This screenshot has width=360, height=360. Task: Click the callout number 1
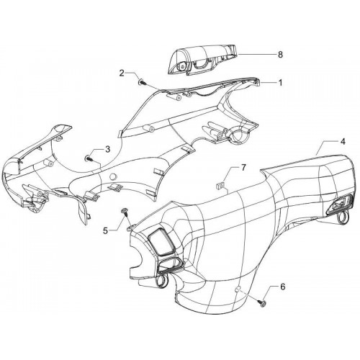[280, 83]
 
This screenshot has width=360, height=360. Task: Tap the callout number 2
[122, 73]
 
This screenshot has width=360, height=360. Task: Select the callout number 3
[108, 149]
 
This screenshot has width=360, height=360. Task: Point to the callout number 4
[343, 142]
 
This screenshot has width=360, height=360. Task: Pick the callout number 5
[106, 231]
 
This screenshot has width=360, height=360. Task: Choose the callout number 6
[283, 287]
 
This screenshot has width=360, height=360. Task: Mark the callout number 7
[243, 168]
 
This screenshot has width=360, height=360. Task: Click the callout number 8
[280, 55]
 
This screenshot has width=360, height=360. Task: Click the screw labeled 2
[142, 82]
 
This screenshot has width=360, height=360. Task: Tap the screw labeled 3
[89, 158]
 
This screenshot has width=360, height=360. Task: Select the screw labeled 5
[125, 211]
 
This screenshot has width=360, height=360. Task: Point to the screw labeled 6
[263, 303]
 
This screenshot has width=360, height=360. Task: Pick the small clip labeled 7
[220, 186]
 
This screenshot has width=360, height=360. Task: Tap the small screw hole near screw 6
[238, 289]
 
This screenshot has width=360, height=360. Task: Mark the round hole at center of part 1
[112, 176]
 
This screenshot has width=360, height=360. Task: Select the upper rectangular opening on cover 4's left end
[162, 242]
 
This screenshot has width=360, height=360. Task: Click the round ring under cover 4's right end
[342, 218]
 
